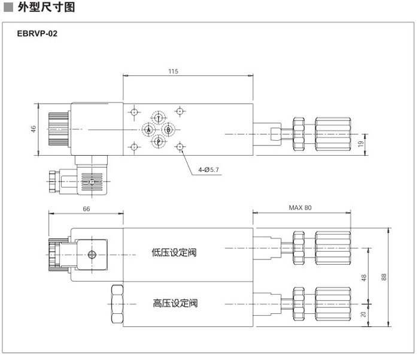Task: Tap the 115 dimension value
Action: click(x=173, y=71)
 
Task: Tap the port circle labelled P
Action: click(x=159, y=141)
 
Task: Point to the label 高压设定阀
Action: click(x=175, y=303)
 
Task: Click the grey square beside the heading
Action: click(x=8, y=8)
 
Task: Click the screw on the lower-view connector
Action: click(x=92, y=255)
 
